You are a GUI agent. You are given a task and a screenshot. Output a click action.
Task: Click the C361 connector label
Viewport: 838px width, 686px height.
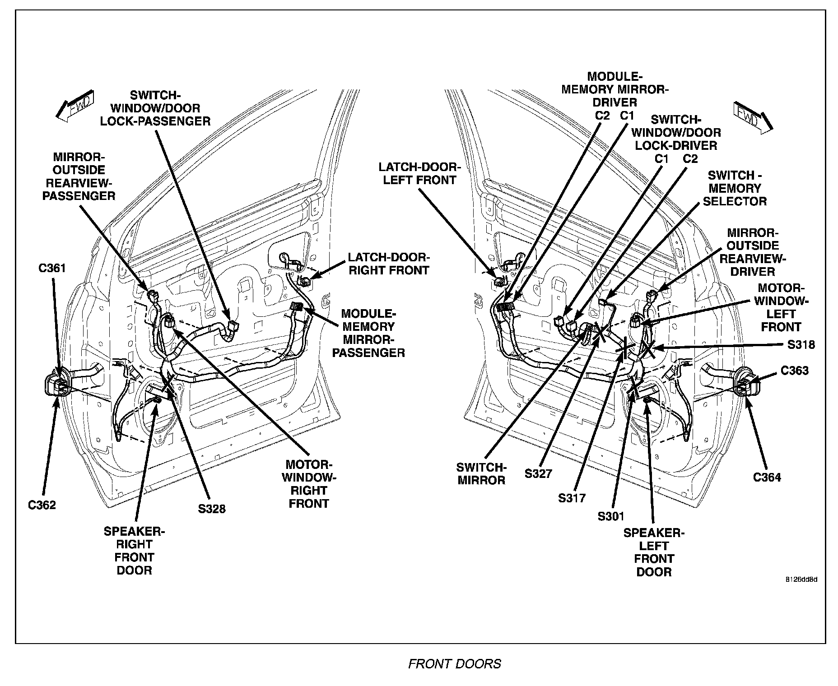pos(52,268)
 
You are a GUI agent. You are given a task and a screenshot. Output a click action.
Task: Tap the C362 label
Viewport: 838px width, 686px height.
pos(42,505)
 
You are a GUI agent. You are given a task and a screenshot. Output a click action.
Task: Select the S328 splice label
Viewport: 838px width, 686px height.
pos(212,509)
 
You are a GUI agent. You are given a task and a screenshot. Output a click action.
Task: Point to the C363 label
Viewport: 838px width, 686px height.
pos(795,371)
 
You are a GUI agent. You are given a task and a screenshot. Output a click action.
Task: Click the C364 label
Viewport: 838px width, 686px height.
pos(767,477)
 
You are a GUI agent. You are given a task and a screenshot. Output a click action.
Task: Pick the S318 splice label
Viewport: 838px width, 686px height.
pos(801,345)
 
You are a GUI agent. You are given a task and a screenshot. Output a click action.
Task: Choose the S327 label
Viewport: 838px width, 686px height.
pos(538,473)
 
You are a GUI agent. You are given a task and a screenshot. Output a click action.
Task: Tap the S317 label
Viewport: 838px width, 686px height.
pos(572,498)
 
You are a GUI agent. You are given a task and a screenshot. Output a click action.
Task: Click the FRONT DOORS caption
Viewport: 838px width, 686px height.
pos(455,664)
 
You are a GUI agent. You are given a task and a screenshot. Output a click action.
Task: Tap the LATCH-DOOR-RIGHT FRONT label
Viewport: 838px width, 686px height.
pos(389,264)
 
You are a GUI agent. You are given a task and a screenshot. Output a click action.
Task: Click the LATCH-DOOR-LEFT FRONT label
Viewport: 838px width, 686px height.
pos(419,173)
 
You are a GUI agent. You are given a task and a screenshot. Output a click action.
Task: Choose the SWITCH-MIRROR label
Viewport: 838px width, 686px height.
pos(481,473)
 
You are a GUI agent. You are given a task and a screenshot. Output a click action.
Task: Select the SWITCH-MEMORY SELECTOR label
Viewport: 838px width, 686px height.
pos(735,188)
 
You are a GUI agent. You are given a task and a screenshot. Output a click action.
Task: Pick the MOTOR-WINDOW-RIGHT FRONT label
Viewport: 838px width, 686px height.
pos(309,484)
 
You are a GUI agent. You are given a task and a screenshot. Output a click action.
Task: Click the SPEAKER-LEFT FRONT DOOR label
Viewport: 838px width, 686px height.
pos(653,552)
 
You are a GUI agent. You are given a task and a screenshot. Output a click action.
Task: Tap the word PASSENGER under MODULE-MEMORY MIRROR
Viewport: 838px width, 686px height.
pos(368,352)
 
